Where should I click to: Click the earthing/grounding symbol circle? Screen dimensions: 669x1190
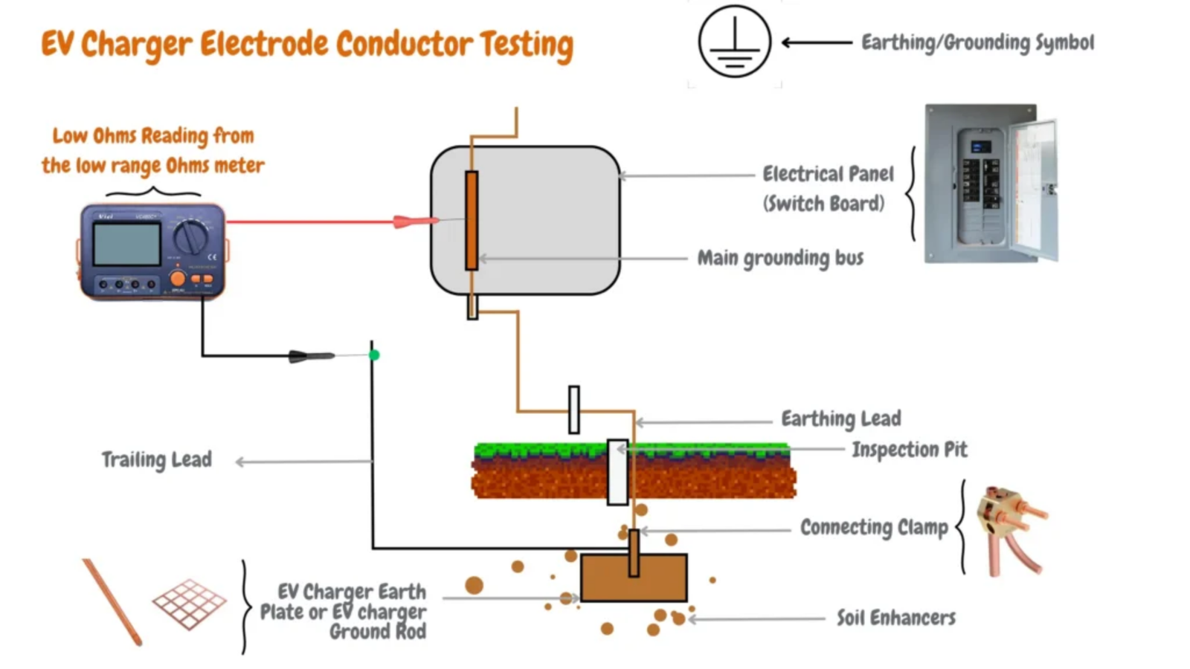[x=734, y=42]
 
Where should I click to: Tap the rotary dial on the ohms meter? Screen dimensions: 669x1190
[x=191, y=237]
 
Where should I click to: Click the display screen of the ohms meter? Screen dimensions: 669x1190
[x=126, y=243]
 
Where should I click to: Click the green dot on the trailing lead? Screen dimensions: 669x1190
[x=374, y=355]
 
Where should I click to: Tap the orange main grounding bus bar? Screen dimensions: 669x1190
[x=472, y=220]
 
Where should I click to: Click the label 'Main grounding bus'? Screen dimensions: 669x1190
[x=779, y=258]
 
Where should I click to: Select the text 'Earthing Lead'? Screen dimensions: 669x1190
[x=840, y=418]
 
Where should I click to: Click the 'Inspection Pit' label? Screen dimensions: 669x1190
[x=909, y=449]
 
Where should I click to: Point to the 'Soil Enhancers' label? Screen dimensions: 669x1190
[x=895, y=618]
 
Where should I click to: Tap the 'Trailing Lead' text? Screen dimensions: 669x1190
[x=156, y=459]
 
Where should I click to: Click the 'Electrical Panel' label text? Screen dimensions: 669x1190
[x=828, y=174]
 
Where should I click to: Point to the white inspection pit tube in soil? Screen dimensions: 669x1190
[x=617, y=472]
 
